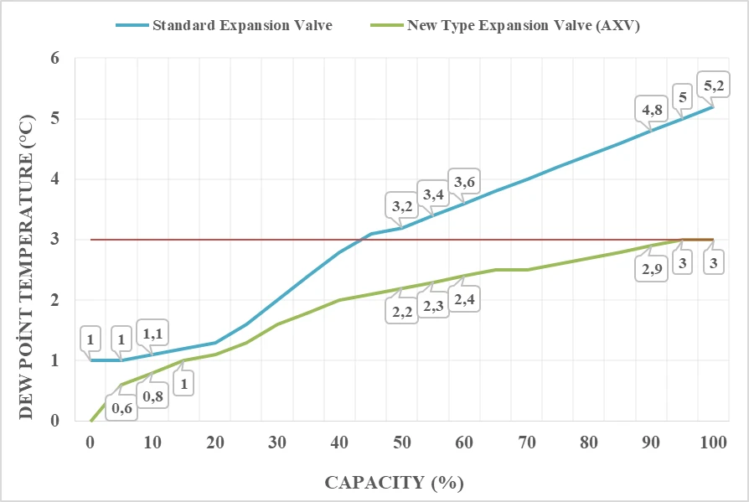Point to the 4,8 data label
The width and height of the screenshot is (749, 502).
tap(653, 109)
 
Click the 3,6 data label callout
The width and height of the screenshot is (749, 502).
tap(465, 180)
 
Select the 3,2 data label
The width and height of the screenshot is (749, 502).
tap(401, 204)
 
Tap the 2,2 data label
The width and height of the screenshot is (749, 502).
tap(401, 311)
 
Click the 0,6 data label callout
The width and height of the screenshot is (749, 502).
tap(121, 407)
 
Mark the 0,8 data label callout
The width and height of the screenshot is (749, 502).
tap(153, 396)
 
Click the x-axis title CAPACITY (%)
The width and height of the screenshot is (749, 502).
tap(394, 483)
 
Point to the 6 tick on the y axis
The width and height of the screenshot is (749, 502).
tap(55, 59)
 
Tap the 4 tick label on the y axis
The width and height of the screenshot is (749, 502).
tap(55, 179)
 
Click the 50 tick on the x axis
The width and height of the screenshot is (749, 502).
tap(401, 442)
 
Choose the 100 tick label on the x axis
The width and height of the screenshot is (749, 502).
tap(713, 442)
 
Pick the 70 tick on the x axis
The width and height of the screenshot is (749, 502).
tap(526, 442)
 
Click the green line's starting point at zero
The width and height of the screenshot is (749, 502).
tap(90, 421)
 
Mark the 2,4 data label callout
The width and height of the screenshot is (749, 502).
tap(464, 298)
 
